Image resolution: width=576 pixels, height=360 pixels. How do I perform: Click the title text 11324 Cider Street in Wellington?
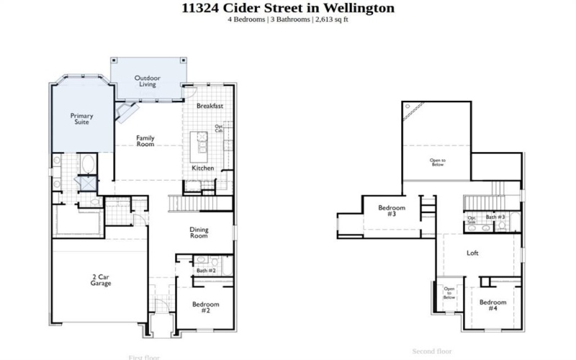[x=288, y=8]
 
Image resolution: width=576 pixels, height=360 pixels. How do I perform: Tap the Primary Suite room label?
[x=81, y=120]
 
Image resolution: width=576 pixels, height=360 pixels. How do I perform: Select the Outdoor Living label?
[x=148, y=81]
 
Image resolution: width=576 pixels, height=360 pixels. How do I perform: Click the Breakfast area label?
[x=210, y=106]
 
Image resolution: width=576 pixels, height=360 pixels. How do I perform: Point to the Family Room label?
[x=145, y=141]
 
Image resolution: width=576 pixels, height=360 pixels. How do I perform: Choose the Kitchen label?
[x=202, y=168]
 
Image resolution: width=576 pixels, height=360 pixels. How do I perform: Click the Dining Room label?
[x=199, y=233]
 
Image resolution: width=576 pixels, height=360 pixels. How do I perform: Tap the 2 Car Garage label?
[x=101, y=280]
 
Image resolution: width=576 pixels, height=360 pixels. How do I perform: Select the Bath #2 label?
[x=207, y=271]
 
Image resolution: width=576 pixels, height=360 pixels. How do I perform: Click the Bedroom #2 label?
[x=205, y=307]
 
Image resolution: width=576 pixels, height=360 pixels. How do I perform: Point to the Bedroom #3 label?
[x=392, y=211]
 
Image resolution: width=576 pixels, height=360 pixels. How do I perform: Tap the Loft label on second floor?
[x=472, y=253]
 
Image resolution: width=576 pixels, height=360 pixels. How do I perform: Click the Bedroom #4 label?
[x=492, y=305]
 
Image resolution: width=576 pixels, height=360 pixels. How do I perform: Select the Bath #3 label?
[x=495, y=217]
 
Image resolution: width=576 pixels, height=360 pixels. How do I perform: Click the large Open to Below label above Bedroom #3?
[x=437, y=162]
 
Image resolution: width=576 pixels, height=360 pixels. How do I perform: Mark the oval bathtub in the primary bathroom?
[x=88, y=163]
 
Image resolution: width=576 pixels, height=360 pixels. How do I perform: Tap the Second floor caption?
[x=432, y=351]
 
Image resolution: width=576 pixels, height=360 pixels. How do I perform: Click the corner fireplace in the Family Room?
[x=128, y=112]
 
